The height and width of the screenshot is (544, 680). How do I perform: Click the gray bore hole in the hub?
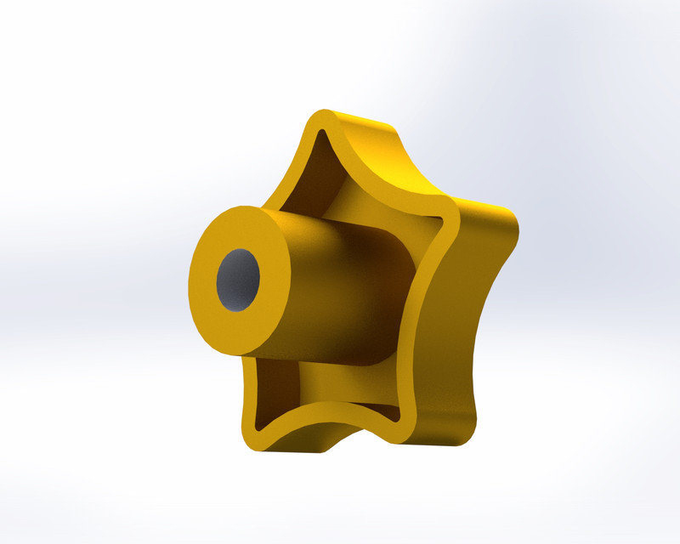237,280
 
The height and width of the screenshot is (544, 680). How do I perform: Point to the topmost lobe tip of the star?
321,119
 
